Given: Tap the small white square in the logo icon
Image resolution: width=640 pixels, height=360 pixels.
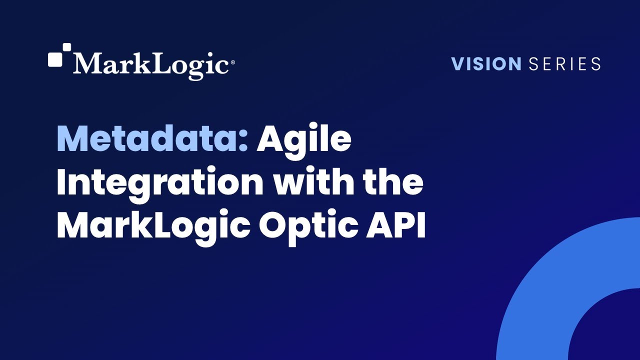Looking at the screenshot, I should click(x=66, y=47).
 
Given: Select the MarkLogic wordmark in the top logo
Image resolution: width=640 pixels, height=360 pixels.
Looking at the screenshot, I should click(x=151, y=64).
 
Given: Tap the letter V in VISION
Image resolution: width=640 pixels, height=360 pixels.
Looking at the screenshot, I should click(x=457, y=64).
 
